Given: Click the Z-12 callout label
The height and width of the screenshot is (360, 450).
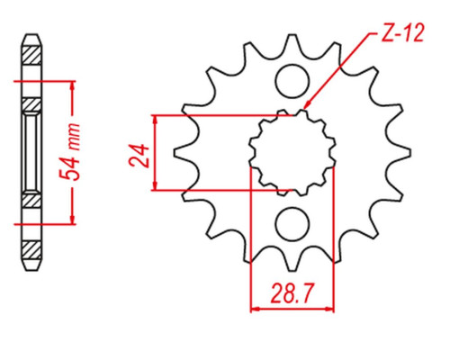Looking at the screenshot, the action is click(x=402, y=32).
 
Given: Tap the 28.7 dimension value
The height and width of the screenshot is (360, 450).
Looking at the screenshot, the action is click(x=292, y=293).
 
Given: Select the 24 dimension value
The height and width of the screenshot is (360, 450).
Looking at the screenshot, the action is click(x=139, y=156).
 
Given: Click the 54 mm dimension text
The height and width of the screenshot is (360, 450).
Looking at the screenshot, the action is click(x=69, y=152).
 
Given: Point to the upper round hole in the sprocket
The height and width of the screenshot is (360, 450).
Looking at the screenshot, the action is click(x=292, y=81).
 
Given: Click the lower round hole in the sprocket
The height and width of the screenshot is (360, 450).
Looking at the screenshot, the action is click(x=292, y=224).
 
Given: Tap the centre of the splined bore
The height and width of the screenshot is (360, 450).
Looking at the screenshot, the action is click(x=292, y=153).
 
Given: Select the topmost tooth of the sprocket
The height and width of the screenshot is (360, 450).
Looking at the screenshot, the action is click(x=292, y=45).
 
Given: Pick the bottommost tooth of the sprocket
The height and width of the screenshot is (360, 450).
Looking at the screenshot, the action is click(x=292, y=260).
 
